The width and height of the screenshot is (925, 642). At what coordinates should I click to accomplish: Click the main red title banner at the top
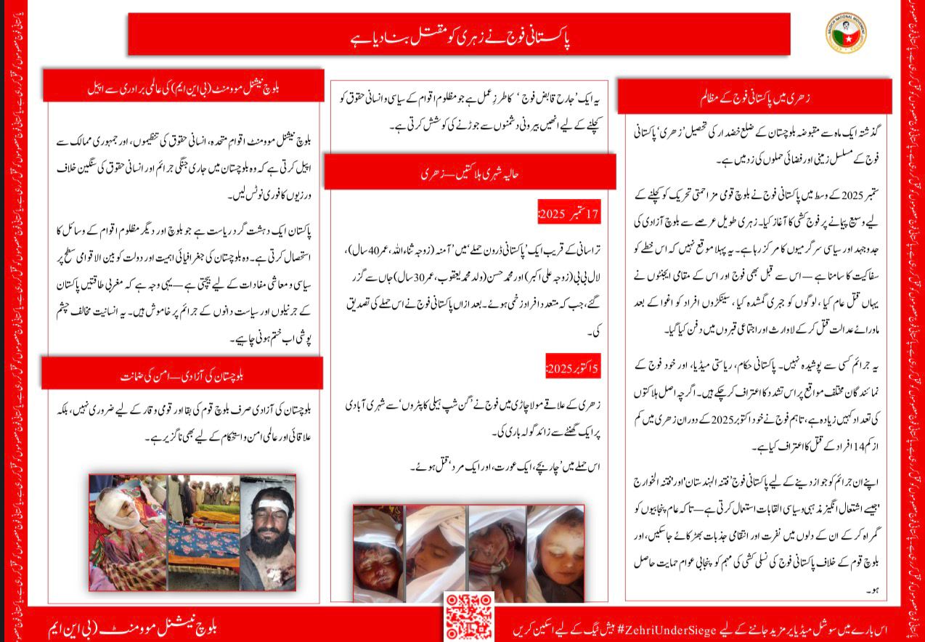(459, 34)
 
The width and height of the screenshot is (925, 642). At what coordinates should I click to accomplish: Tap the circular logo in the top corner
(845, 33)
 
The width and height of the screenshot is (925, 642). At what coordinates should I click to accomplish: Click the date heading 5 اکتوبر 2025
(573, 369)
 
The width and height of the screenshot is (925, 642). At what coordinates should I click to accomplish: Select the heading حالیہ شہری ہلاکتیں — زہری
(470, 173)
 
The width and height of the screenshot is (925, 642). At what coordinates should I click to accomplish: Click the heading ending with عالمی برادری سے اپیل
(183, 85)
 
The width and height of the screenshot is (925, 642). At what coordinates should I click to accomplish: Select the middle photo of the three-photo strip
(203, 532)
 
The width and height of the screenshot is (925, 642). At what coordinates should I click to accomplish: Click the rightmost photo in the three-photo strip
(268, 532)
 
